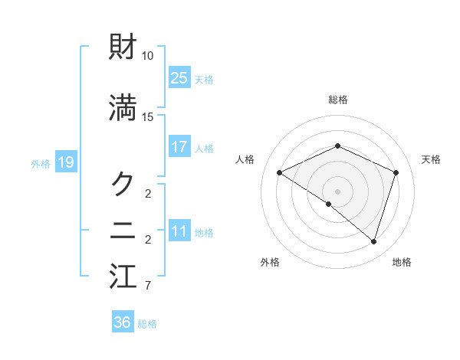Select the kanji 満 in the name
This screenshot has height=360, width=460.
(123, 109)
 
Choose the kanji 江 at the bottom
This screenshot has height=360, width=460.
(123, 277)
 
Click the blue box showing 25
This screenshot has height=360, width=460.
(179, 77)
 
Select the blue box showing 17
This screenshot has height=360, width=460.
(179, 147)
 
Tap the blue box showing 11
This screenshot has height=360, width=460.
(179, 232)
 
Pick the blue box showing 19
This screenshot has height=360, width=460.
(65, 162)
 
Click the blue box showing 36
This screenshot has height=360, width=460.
(123, 322)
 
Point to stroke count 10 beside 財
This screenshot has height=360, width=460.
(148, 56)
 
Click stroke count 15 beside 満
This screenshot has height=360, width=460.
(148, 116)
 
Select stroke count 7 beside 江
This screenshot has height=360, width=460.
(148, 286)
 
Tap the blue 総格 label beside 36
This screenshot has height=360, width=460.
(147, 324)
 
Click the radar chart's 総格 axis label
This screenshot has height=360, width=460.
(337, 100)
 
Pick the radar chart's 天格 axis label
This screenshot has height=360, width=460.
(432, 159)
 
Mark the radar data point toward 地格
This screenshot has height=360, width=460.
(373, 241)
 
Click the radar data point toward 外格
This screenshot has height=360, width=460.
(328, 204)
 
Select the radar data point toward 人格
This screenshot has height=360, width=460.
(280, 172)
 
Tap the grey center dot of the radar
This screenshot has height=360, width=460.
(337, 191)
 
